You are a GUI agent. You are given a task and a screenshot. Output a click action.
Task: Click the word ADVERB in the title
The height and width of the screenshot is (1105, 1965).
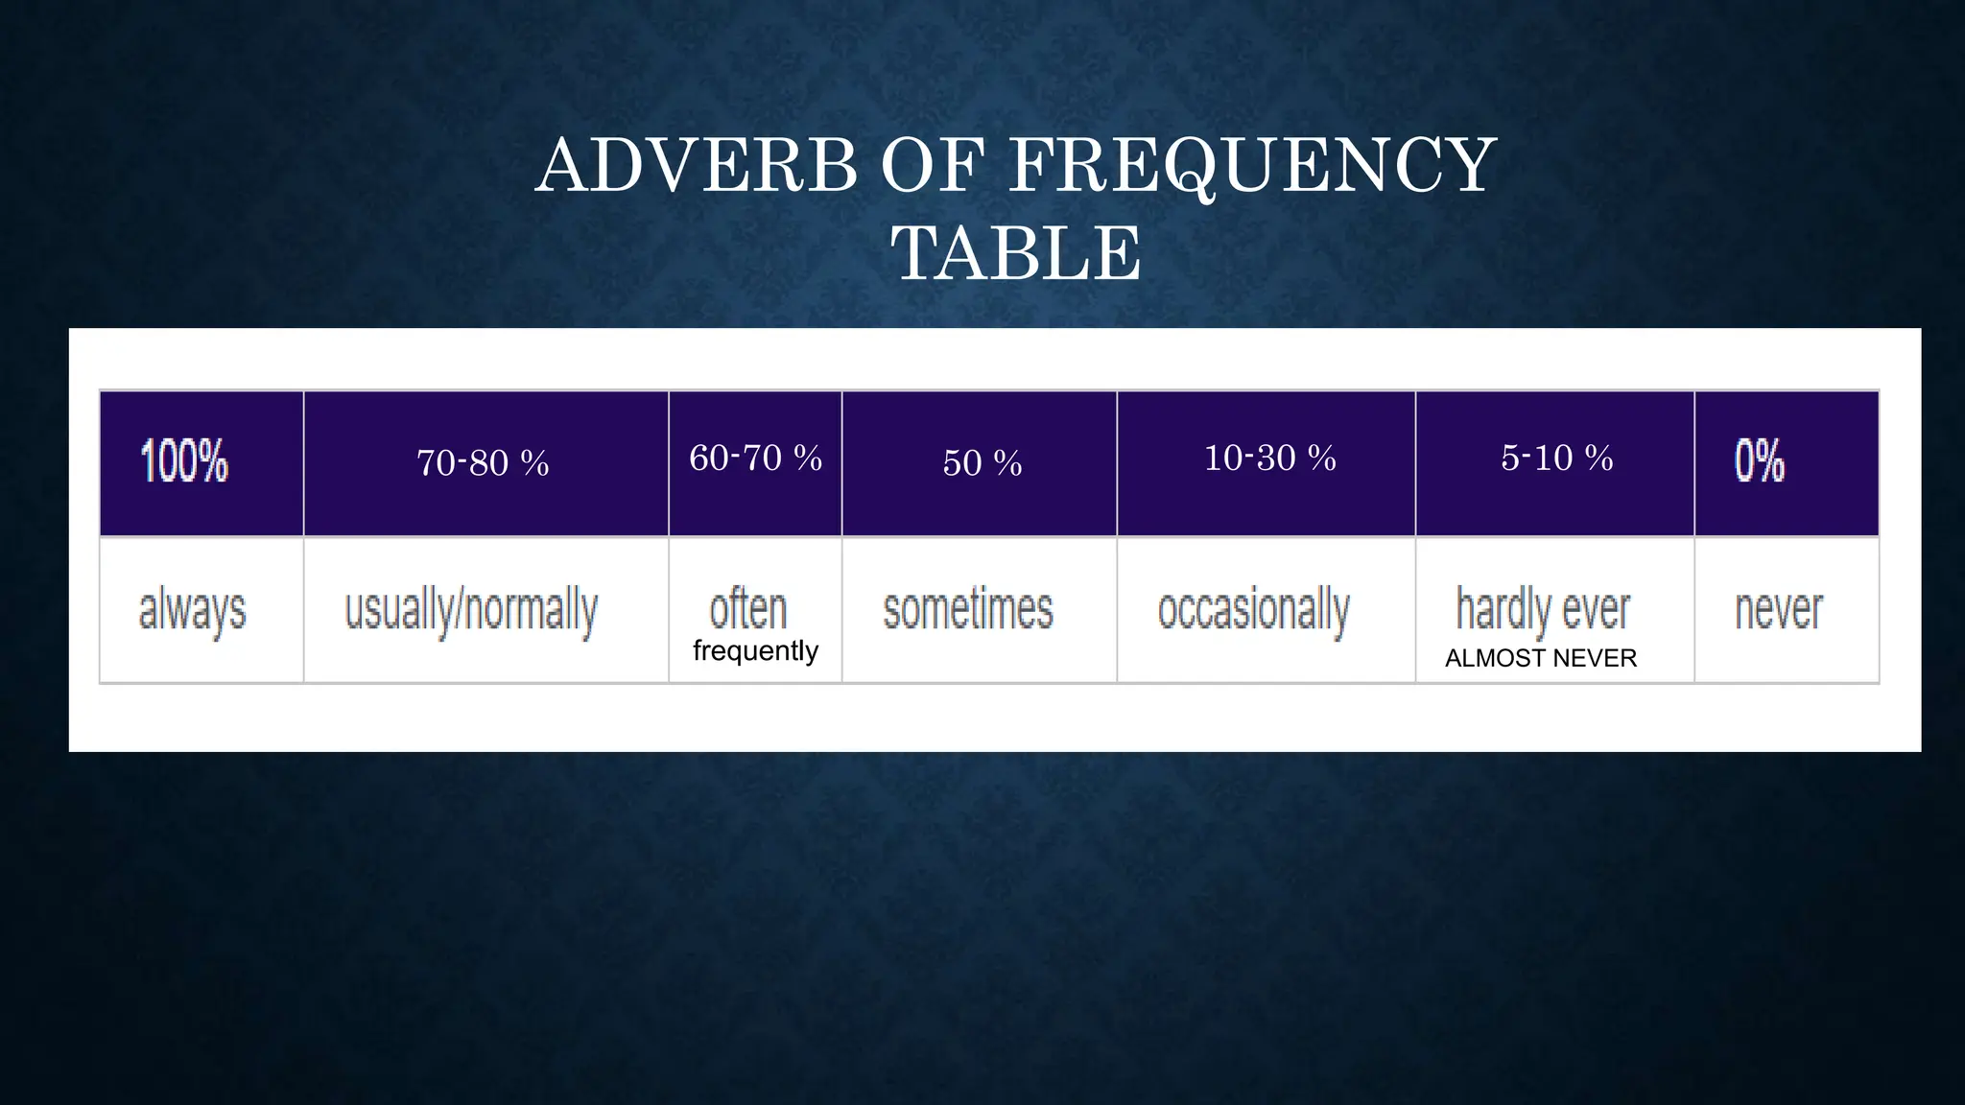pyautogui.click(x=697, y=166)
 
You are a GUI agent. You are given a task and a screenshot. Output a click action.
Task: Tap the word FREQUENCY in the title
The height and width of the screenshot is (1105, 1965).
pyautogui.click(x=1252, y=166)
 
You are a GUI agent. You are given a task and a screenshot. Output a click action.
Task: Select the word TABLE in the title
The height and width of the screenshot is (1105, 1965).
pyautogui.click(x=1017, y=253)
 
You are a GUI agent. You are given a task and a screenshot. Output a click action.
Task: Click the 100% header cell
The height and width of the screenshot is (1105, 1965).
pyautogui.click(x=184, y=461)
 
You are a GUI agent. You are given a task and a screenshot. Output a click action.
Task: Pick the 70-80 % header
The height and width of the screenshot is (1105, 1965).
pyautogui.click(x=483, y=463)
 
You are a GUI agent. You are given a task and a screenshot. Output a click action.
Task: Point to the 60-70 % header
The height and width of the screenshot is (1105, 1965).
pyautogui.click(x=755, y=458)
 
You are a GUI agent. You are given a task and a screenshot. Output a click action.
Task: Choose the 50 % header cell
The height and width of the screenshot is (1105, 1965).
pyautogui.click(x=982, y=463)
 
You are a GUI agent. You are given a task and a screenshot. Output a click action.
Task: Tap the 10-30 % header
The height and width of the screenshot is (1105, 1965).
pyautogui.click(x=1269, y=458)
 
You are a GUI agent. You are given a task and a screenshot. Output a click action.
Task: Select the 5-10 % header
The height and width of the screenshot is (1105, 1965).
pyautogui.click(x=1556, y=458)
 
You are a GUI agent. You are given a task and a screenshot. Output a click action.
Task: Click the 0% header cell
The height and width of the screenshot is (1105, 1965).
pyautogui.click(x=1759, y=461)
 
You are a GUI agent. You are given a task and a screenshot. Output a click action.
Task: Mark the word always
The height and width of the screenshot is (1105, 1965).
pyautogui.click(x=192, y=610)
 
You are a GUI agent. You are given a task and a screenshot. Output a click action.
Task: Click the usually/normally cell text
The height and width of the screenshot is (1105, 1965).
pyautogui.click(x=471, y=610)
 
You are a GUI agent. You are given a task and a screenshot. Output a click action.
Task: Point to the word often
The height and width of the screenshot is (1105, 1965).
pyautogui.click(x=747, y=609)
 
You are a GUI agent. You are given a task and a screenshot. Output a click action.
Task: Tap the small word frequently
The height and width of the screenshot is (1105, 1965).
pyautogui.click(x=755, y=651)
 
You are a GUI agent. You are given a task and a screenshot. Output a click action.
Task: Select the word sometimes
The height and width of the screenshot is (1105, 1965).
pyautogui.click(x=968, y=610)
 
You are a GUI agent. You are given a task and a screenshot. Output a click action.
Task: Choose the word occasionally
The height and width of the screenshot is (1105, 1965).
pyautogui.click(x=1253, y=610)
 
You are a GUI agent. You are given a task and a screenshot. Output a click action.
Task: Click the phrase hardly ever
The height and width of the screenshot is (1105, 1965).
pyautogui.click(x=1543, y=609)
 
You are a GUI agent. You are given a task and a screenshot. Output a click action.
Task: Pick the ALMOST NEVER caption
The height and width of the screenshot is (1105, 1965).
pyautogui.click(x=1541, y=658)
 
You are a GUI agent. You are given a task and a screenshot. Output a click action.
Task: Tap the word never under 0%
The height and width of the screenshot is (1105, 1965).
pyautogui.click(x=1778, y=610)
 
